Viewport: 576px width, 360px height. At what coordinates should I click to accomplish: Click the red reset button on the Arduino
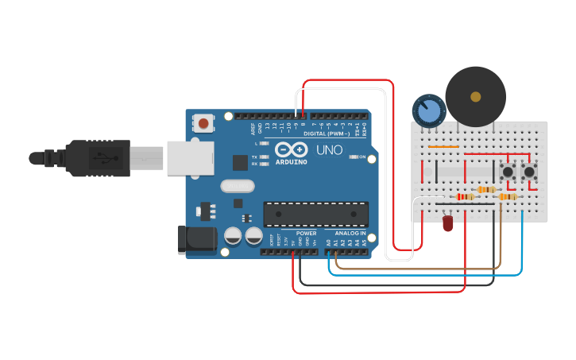click(204, 123)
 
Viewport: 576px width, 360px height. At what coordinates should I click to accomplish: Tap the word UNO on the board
click(329, 149)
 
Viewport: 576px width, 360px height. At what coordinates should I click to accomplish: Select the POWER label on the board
click(306, 233)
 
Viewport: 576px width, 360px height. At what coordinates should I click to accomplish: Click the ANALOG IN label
click(350, 233)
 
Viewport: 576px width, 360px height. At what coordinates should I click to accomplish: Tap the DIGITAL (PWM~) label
click(327, 134)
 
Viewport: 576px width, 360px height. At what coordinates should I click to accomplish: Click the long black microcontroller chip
click(316, 214)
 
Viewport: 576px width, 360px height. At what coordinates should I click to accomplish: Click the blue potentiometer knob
click(429, 110)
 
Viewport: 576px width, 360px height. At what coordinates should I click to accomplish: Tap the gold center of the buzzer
click(475, 97)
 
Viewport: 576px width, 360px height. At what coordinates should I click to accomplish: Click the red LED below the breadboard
click(447, 223)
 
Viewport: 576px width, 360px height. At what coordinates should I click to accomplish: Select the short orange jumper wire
click(443, 147)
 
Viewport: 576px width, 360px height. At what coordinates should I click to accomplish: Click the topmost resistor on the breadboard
click(487, 190)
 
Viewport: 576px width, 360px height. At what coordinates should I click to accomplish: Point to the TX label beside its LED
click(253, 157)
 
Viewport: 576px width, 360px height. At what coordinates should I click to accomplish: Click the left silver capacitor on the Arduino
click(234, 236)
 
